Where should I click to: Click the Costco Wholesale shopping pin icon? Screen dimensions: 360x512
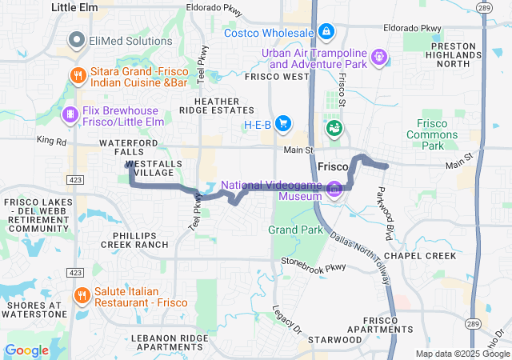coord(326,32)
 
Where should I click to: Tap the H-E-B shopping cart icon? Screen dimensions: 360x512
coord(282,123)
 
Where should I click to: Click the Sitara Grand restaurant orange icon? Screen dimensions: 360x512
coord(78,75)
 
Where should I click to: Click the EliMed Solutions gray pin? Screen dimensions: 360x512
coord(78,38)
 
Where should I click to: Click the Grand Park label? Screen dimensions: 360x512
coord(295,230)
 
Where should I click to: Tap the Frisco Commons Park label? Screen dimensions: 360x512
coord(442,134)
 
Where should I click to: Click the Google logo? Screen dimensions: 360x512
coord(26,350)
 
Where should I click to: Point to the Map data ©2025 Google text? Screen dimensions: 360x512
coord(461,354)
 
